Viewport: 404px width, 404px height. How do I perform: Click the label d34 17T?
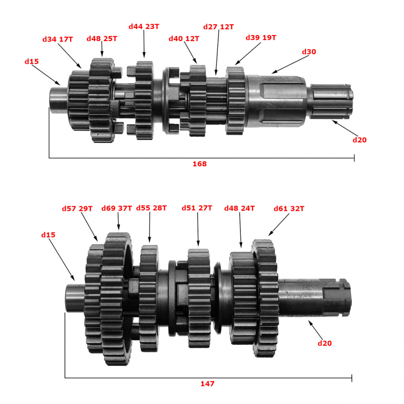(57, 40)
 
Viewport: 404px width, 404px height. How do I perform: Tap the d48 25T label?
(102, 39)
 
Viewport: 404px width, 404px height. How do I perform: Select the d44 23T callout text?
(144, 27)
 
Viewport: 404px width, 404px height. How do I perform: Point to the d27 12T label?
(218, 27)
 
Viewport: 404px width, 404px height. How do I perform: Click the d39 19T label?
(261, 38)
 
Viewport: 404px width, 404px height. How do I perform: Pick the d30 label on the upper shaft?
(309, 52)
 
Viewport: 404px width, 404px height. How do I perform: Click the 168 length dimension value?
(200, 164)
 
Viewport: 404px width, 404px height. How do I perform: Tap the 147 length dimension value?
(208, 384)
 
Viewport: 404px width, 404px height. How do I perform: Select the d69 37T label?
(117, 208)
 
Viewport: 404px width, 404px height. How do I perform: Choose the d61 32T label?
(289, 209)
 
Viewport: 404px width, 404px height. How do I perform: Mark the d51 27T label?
(197, 208)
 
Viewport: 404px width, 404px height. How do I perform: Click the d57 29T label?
(77, 209)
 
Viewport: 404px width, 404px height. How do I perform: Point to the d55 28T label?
(151, 208)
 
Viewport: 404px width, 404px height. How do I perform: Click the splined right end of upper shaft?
(331, 101)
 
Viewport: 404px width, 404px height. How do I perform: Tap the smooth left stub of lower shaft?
(75, 298)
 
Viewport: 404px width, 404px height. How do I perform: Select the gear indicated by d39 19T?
(235, 101)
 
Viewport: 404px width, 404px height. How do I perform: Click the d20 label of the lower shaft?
(325, 343)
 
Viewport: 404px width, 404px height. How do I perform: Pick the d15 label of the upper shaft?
(32, 62)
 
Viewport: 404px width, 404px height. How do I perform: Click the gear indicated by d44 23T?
(143, 100)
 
